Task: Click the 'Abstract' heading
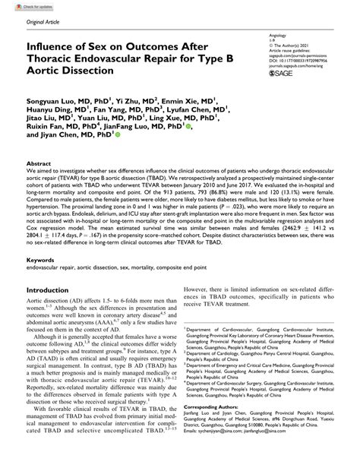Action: (x=38, y=164)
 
